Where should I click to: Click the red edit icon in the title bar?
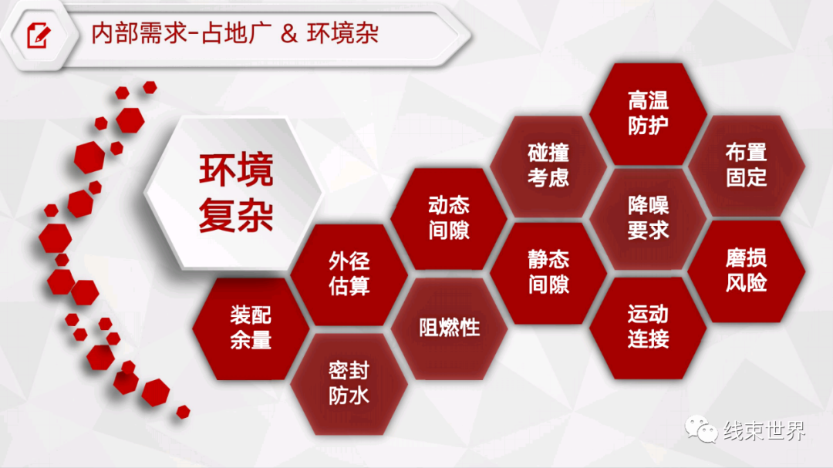click(39, 35)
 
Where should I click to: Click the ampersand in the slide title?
click(288, 33)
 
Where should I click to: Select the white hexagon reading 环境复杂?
click(234, 192)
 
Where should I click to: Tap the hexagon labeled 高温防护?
click(648, 113)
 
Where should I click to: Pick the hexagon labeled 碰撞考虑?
click(548, 166)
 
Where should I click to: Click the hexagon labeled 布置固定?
click(747, 165)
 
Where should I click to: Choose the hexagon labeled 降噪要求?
click(648, 218)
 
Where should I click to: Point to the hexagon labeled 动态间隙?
click(449, 218)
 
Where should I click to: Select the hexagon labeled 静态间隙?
click(548, 272)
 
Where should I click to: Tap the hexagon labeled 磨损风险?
click(747, 271)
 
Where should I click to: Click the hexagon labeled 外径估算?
click(349, 274)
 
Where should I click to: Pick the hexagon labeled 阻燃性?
click(449, 328)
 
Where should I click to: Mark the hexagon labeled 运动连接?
click(648, 327)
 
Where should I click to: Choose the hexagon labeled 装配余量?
click(251, 328)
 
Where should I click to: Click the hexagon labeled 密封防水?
click(349, 383)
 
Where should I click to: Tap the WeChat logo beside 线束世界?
click(700, 429)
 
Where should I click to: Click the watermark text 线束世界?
click(764, 430)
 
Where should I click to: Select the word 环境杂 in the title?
click(342, 33)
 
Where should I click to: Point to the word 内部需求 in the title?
click(140, 33)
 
